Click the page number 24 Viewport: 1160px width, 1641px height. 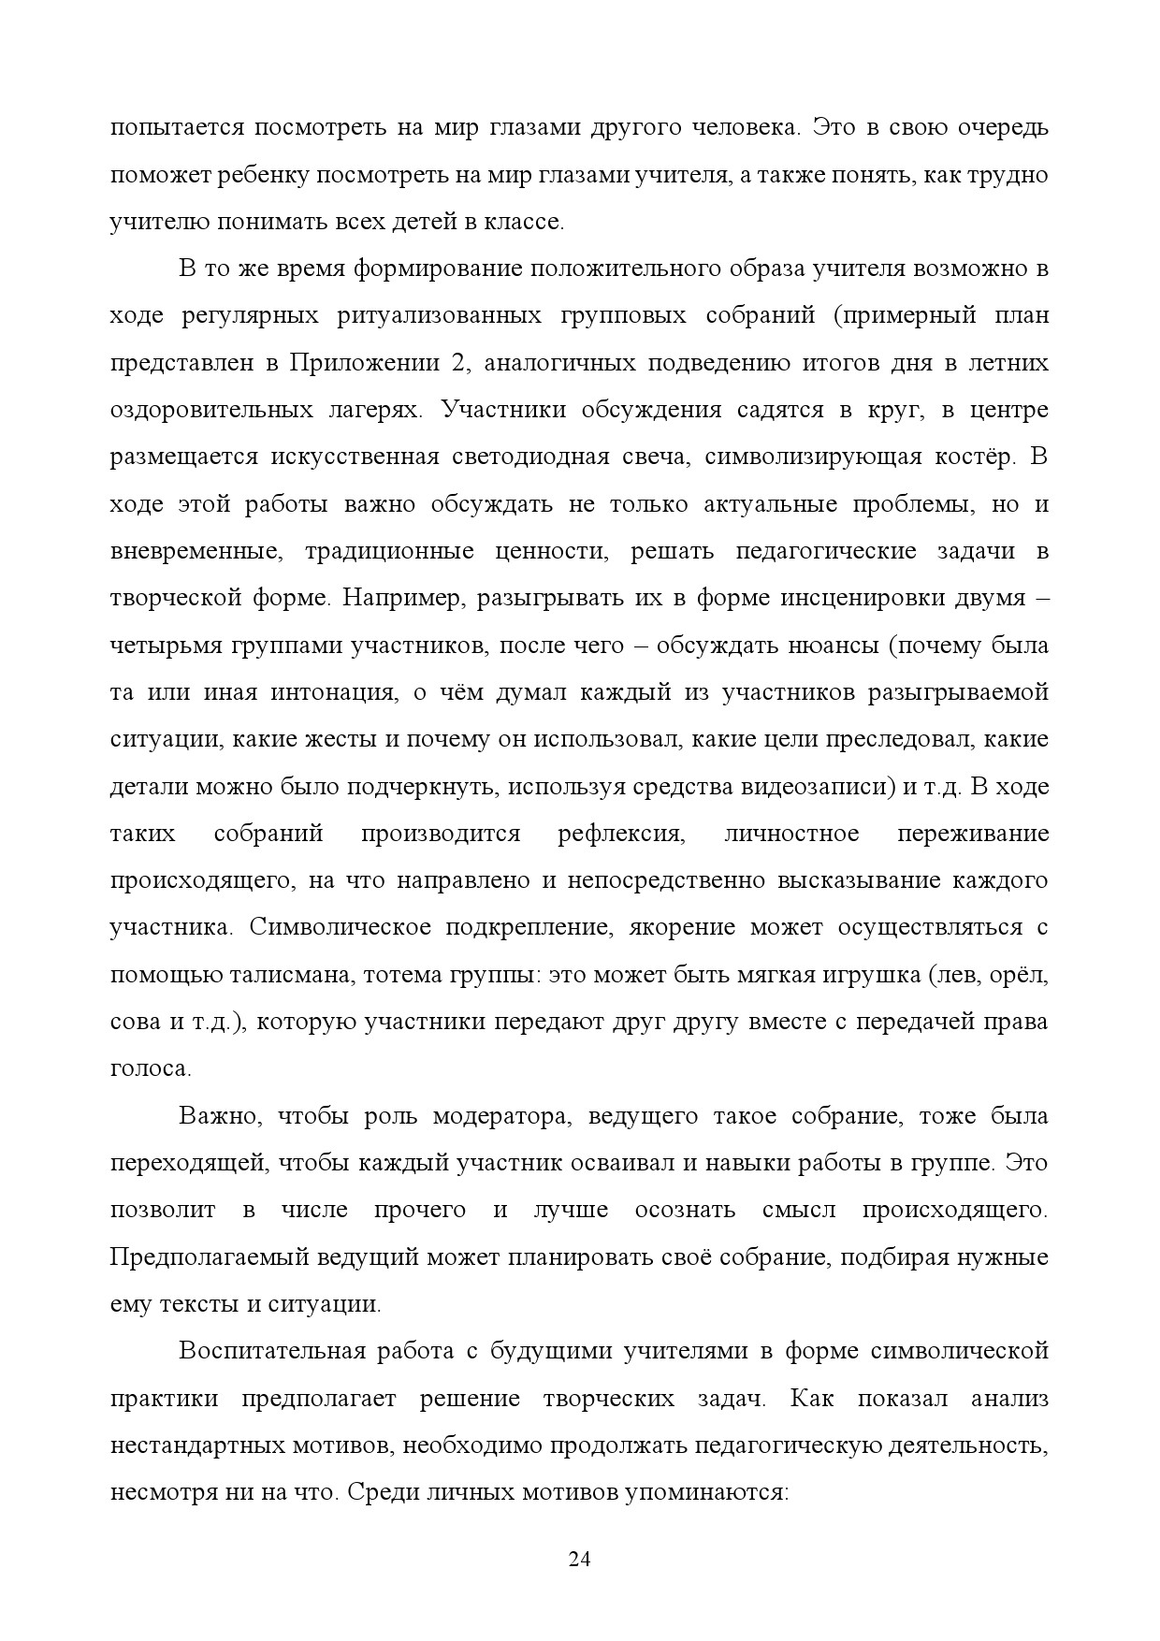579,1559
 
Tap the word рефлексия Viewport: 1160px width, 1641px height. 621,834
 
